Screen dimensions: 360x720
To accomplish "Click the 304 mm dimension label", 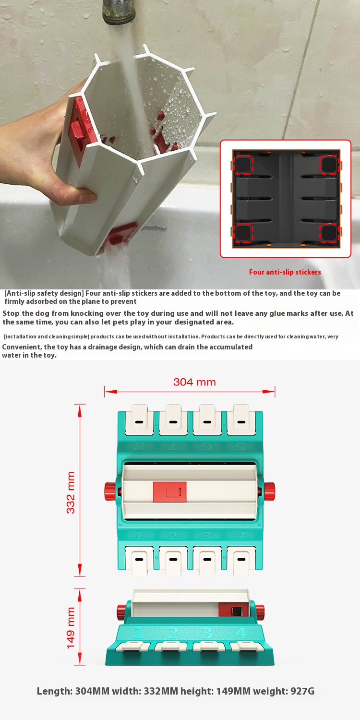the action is tap(194, 382).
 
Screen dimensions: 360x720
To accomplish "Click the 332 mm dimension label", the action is tap(71, 492).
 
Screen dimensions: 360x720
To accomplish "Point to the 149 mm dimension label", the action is tap(71, 628).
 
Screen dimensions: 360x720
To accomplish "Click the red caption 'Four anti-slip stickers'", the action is tap(285, 272).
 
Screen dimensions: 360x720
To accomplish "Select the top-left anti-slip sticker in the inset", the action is tap(243, 165).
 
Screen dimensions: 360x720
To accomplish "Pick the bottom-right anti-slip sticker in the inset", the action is tap(328, 233).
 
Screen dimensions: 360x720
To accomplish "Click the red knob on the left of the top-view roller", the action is tap(110, 491).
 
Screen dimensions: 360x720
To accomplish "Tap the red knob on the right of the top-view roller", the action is tap(269, 491).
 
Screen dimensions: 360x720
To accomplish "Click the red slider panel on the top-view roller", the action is tap(169, 492).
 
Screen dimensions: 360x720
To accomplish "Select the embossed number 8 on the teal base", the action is tap(139, 446).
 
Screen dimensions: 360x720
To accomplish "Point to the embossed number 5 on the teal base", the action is tap(241, 446).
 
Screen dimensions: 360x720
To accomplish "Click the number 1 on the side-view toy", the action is tap(138, 633).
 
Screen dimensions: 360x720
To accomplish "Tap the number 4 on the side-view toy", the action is tap(240, 633).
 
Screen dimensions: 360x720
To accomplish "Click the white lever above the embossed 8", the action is tap(139, 420).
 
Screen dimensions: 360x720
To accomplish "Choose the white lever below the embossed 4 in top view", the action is tap(241, 561).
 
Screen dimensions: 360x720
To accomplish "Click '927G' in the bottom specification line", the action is tap(302, 691).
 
